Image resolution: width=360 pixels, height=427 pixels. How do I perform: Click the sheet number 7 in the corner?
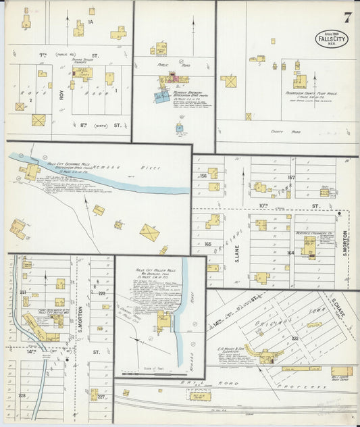click(x=346, y=18)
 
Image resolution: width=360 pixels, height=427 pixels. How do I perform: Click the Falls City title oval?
click(x=332, y=39)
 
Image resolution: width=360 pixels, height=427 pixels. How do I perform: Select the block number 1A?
click(x=89, y=22)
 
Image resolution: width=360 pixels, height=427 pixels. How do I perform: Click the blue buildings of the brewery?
click(x=162, y=97)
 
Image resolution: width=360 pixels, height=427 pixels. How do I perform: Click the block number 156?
click(x=202, y=176)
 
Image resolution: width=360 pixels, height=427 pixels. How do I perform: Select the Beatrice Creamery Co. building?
click(x=309, y=247)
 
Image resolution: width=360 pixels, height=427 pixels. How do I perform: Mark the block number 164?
click(x=290, y=253)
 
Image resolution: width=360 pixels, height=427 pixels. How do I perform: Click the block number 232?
click(x=294, y=338)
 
